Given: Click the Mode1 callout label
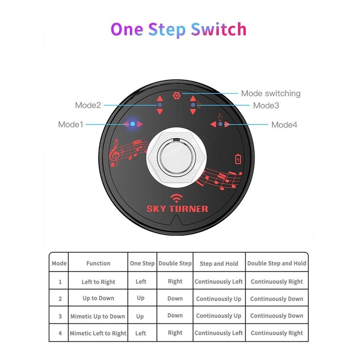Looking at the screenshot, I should (x=71, y=125).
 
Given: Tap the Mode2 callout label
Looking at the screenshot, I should (x=88, y=105).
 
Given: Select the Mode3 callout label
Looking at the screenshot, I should (x=266, y=105).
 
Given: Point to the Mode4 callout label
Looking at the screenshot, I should (x=284, y=125).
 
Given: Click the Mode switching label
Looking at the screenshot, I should (x=271, y=94).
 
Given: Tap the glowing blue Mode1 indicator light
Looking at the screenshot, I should (x=133, y=124).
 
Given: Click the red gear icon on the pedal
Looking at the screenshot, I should (x=176, y=96).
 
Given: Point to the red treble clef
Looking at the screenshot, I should (x=115, y=154).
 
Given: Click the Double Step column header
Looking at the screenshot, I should (x=175, y=264).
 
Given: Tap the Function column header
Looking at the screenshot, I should (x=98, y=264).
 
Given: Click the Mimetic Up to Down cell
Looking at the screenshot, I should (x=98, y=316).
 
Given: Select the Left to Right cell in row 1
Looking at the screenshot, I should (x=98, y=282).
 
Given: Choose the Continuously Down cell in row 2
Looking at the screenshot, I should (x=276, y=299).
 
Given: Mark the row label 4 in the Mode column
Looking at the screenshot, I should (x=60, y=333).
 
